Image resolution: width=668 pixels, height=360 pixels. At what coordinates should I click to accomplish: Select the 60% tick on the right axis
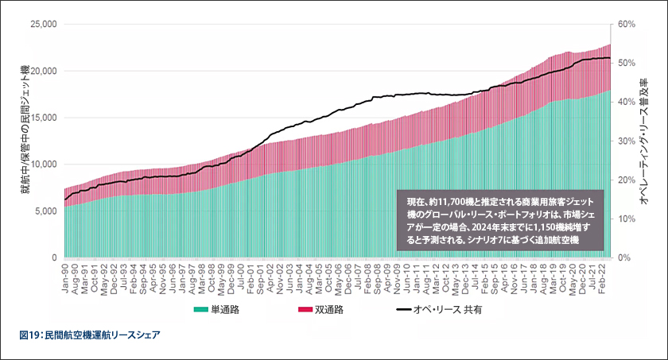tap(627, 24)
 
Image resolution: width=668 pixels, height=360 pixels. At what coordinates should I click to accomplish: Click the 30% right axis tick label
tap(627, 141)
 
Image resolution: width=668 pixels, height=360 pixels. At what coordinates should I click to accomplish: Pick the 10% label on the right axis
tap(627, 219)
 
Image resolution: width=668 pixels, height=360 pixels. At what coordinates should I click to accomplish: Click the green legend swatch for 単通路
tap(200, 310)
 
